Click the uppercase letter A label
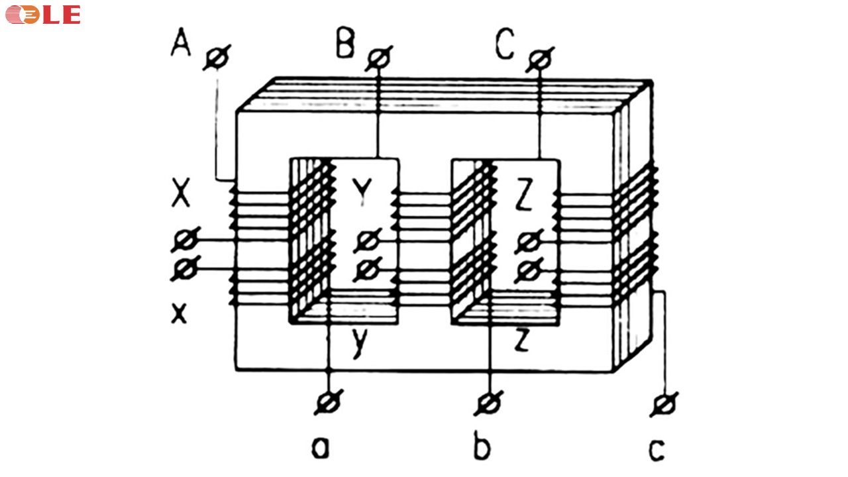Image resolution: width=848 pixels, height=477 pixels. [181, 42]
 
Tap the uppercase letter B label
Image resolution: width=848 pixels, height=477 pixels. [345, 43]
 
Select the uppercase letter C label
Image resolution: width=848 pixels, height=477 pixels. [505, 44]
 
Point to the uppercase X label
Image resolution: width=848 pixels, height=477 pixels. [181, 193]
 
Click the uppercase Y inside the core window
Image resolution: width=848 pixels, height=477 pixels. [362, 191]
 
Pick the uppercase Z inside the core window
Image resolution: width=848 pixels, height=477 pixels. [524, 195]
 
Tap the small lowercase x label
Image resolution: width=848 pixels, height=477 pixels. [179, 313]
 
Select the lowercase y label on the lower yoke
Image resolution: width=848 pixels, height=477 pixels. [360, 343]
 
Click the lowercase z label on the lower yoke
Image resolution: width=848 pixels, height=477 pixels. [521, 340]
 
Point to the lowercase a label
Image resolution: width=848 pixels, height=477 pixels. [320, 449]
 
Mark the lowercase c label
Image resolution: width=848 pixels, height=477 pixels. [657, 450]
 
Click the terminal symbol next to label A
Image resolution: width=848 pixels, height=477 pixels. [217, 58]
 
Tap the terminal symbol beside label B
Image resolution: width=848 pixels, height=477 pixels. [378, 59]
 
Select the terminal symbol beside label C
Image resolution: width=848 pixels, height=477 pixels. [540, 60]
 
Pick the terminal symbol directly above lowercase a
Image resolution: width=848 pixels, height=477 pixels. [329, 402]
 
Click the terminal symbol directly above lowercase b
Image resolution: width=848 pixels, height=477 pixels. [489, 403]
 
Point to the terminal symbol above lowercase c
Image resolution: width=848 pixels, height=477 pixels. [664, 405]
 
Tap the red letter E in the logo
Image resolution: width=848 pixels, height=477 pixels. [71, 15]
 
